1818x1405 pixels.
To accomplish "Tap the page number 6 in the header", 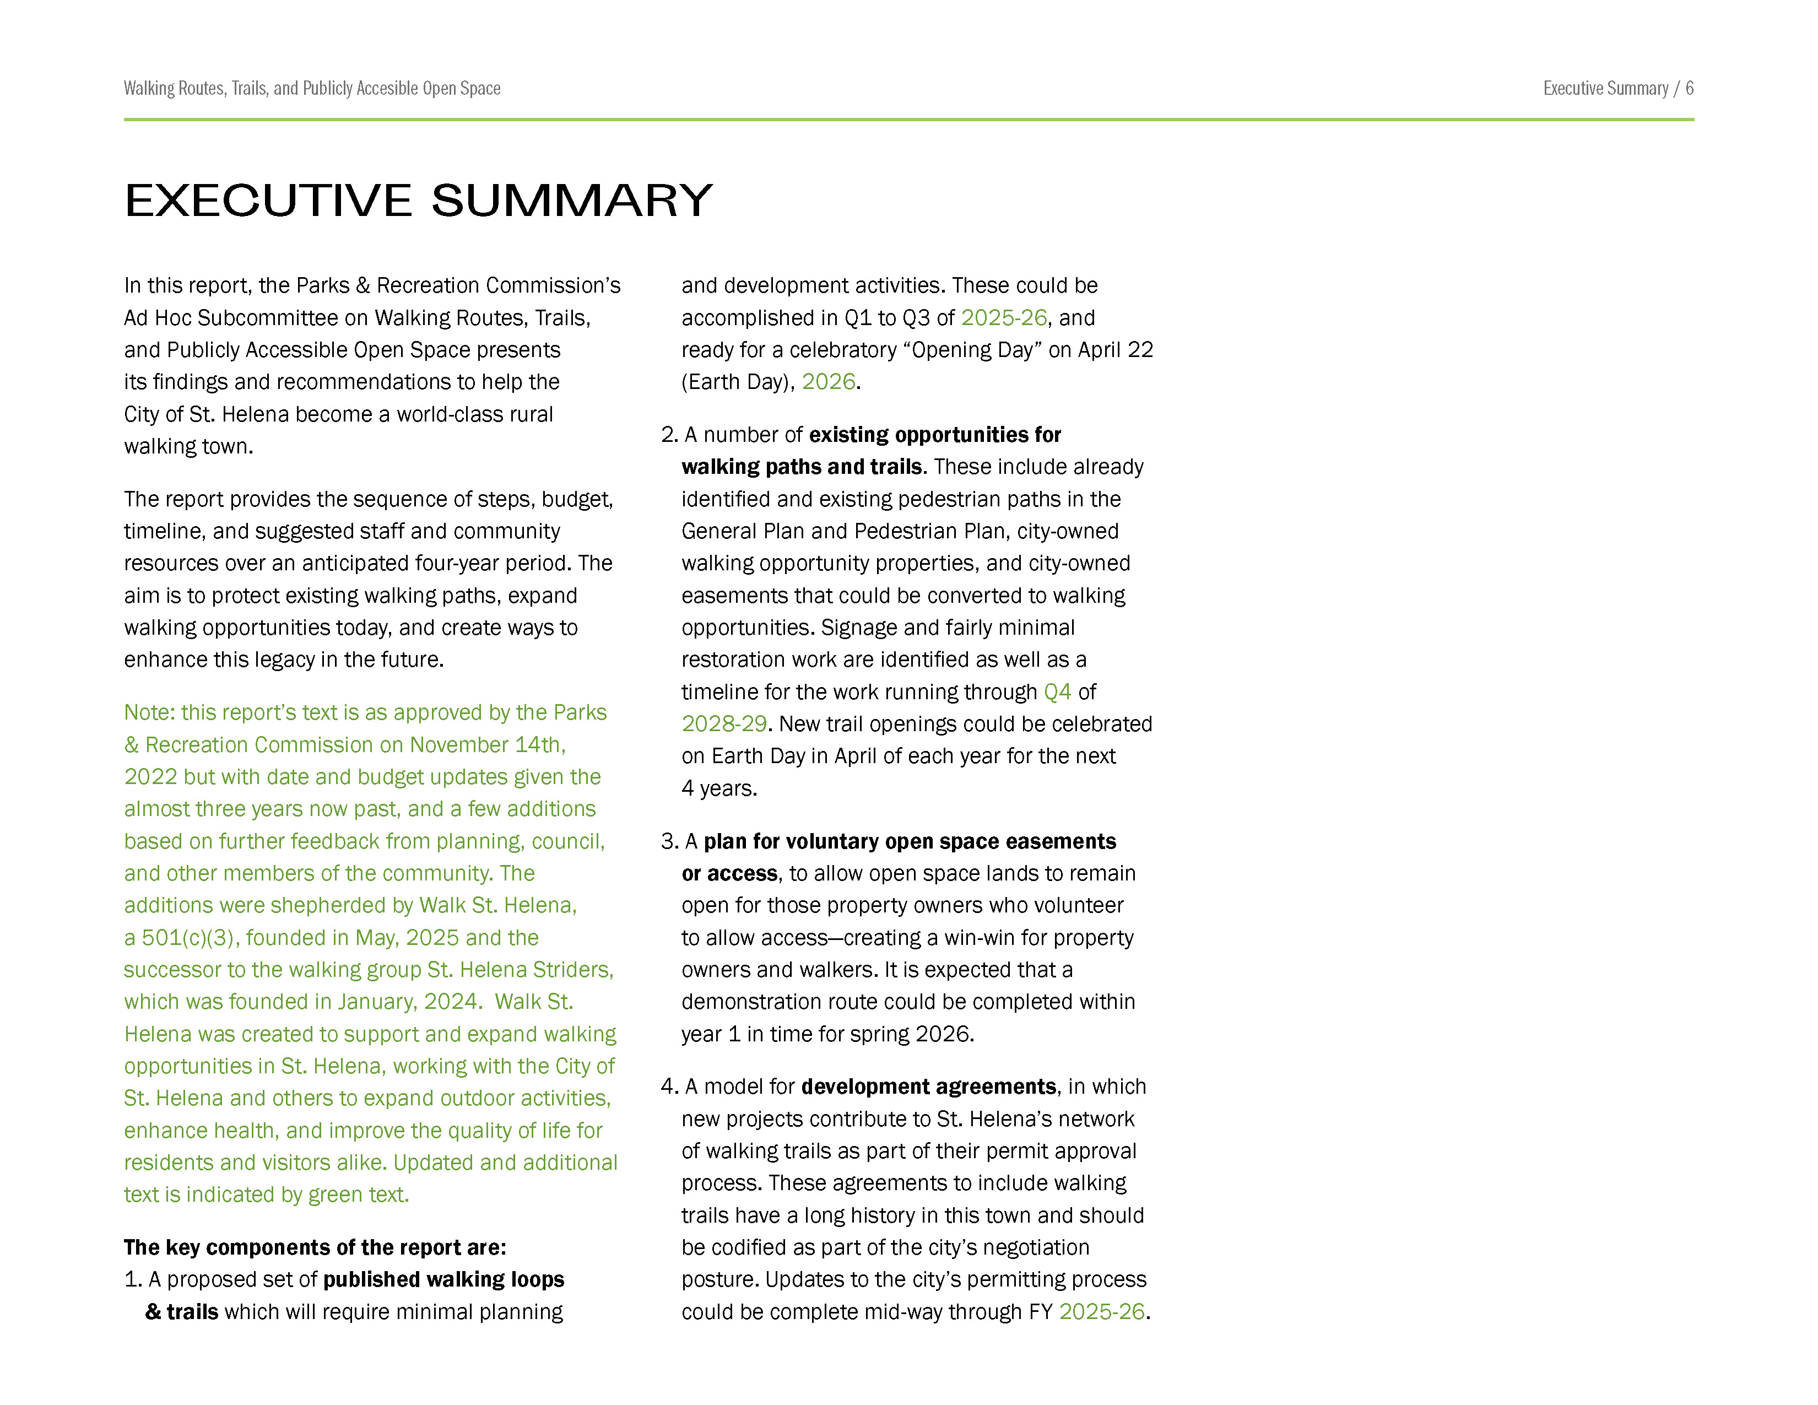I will pyautogui.click(x=1689, y=88).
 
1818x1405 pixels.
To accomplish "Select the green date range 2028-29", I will pyautogui.click(x=723, y=724).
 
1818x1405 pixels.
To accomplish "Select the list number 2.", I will pyautogui.click(x=668, y=435).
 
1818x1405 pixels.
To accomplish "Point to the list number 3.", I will pyautogui.click(x=668, y=841).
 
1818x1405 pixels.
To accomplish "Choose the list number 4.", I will pyautogui.click(x=668, y=1087).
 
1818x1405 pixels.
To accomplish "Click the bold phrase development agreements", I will pyautogui.click(x=928, y=1087).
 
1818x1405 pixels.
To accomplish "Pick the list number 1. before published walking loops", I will pyautogui.click(x=132, y=1279).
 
